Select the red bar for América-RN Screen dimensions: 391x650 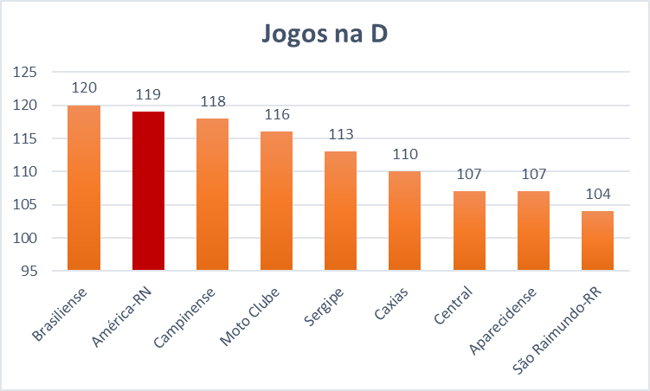pyautogui.click(x=148, y=190)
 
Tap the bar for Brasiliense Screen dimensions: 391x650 pyautogui.click(x=84, y=188)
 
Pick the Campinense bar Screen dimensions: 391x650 pyautogui.click(x=212, y=195)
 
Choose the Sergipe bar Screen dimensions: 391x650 pyautogui.click(x=340, y=210)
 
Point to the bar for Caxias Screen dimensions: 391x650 pyautogui.click(x=404, y=221)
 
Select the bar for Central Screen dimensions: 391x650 pyautogui.click(x=468, y=230)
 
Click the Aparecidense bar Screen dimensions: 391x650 pyautogui.click(x=532, y=230)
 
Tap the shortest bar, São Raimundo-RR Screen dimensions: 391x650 pyautogui.click(x=596, y=240)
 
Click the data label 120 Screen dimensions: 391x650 pyautogui.click(x=84, y=87)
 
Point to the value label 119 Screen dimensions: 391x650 pyautogui.click(x=148, y=94)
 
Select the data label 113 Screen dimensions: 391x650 pyautogui.click(x=340, y=134)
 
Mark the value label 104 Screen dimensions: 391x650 pyautogui.click(x=596, y=194)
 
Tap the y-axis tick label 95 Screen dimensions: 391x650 pyautogui.click(x=28, y=271)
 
